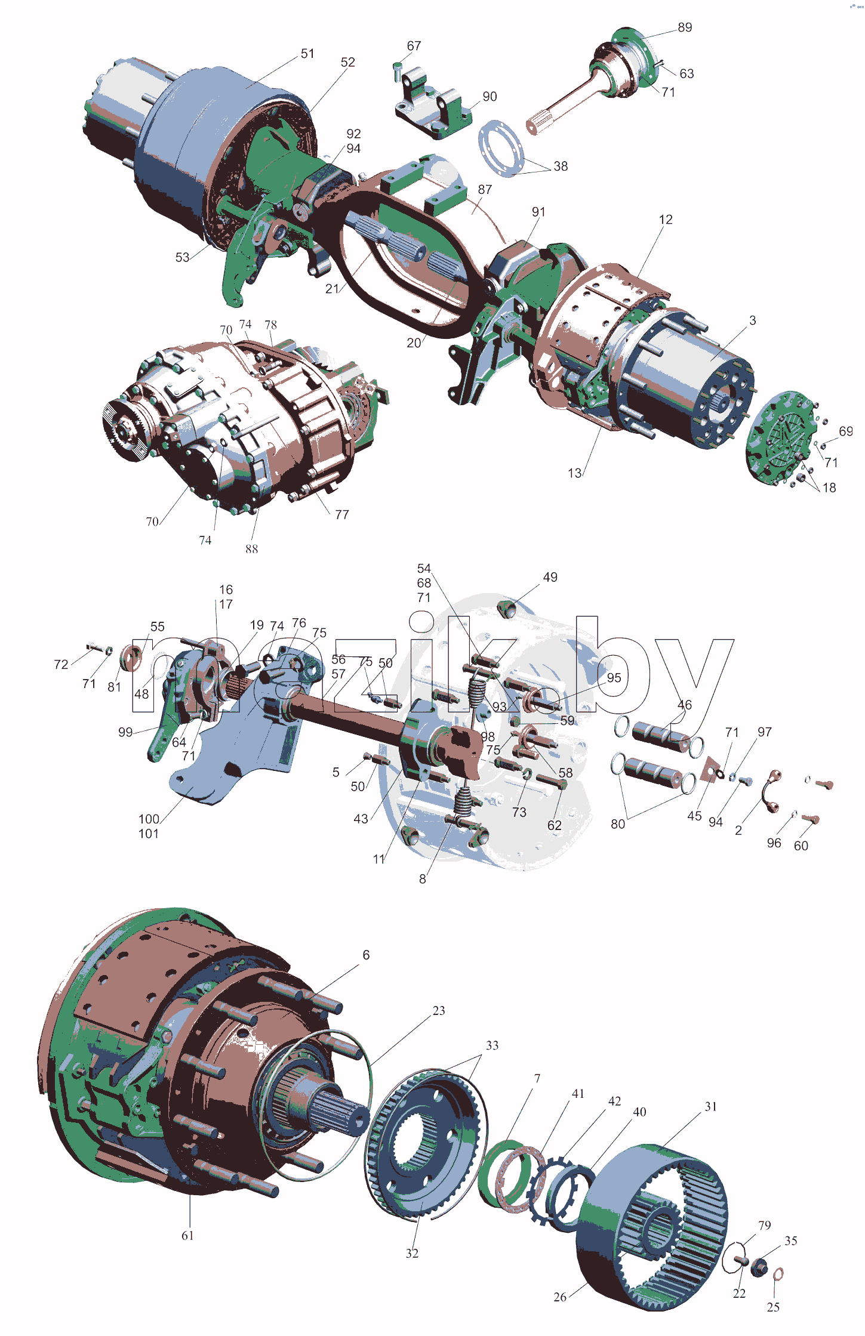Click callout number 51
[307, 54]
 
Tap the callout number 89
[685, 27]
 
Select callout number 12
[666, 220]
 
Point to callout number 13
[574, 473]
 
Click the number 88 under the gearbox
[252, 548]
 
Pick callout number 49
[550, 577]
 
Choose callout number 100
[149, 819]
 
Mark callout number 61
[187, 1235]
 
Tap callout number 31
[710, 1106]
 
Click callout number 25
[773, 1307]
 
